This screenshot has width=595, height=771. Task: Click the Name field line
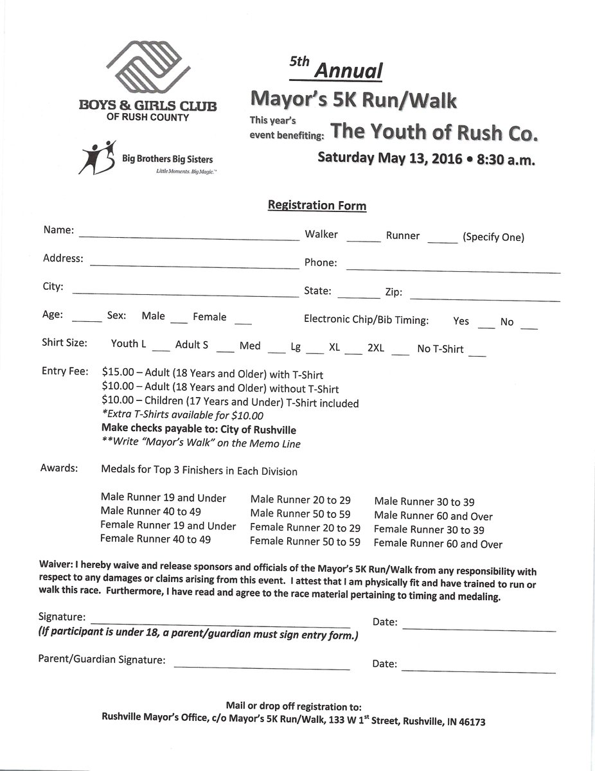click(189, 237)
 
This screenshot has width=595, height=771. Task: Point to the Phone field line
click(453, 271)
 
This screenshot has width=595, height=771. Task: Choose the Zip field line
click(484, 299)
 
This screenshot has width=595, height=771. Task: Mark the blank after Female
click(243, 321)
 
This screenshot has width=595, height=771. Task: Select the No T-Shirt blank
click(477, 354)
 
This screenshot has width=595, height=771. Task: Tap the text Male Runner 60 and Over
click(434, 516)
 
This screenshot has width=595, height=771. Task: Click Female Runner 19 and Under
click(168, 526)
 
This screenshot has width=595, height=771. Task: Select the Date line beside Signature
click(479, 630)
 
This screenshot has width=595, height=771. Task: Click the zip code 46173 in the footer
click(471, 722)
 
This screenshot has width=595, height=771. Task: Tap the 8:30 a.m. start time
click(506, 160)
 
